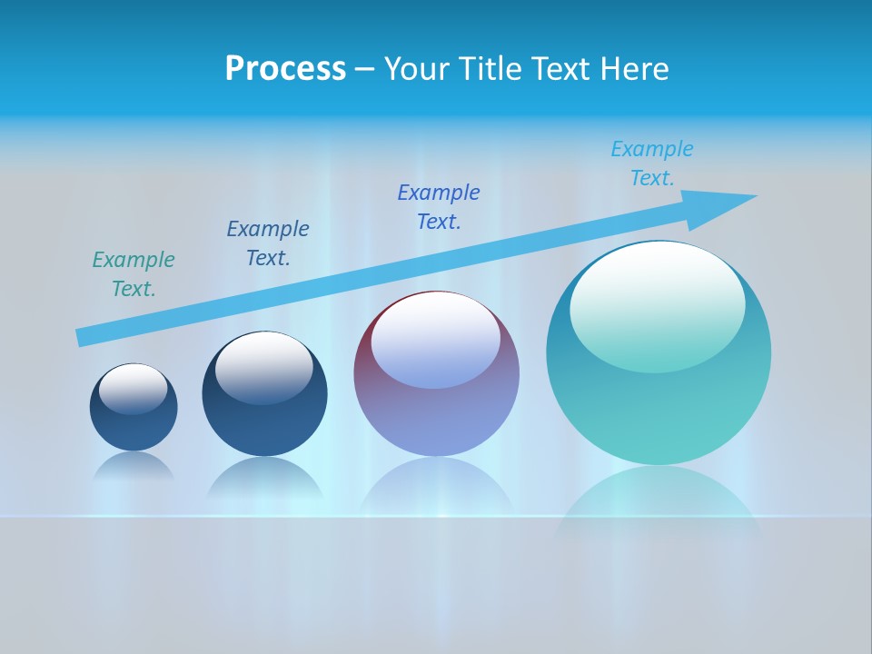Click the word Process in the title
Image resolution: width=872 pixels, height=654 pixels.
point(285,69)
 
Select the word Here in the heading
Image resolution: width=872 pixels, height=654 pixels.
point(636,69)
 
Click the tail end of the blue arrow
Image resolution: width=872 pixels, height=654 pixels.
point(84,337)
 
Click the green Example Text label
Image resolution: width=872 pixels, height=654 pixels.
point(134,274)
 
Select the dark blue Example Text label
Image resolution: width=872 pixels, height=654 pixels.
point(268,243)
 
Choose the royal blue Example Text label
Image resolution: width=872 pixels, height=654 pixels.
point(439,207)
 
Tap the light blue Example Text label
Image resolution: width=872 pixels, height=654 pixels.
point(652,163)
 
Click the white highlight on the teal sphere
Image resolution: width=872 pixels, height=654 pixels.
point(657,304)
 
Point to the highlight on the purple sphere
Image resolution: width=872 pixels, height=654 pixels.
point(435,339)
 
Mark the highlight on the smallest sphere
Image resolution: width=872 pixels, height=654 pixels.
point(134,388)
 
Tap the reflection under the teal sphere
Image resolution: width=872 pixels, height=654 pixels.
point(659,500)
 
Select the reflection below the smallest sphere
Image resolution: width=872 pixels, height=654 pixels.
point(134,467)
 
